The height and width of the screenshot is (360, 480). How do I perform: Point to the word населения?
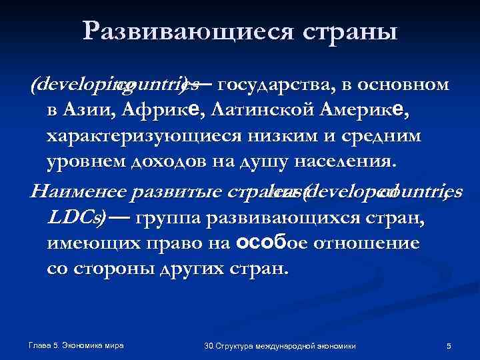click(342, 161)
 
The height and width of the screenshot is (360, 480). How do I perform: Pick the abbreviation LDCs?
click(71, 218)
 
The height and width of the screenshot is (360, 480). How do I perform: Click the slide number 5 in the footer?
click(449, 347)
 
